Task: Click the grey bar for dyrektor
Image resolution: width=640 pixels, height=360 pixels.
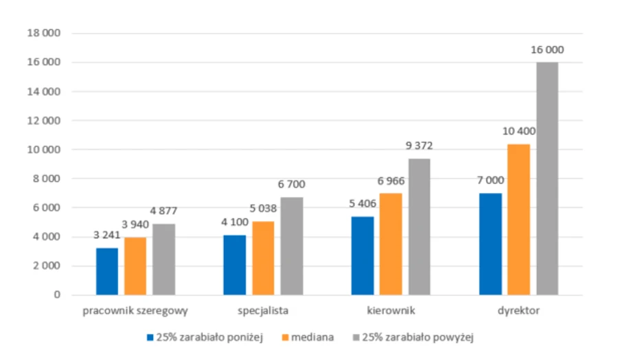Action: [x=547, y=179]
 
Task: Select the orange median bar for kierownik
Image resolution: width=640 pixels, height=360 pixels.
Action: [x=391, y=244]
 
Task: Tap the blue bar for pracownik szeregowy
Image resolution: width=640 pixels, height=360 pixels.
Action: [x=107, y=271]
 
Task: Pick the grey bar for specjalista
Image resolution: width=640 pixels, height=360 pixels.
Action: [x=291, y=246]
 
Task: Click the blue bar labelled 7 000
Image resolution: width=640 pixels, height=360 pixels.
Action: [x=491, y=244]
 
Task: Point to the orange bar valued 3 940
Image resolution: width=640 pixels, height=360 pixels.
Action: [x=135, y=266]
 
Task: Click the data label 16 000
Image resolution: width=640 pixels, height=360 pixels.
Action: [x=547, y=49]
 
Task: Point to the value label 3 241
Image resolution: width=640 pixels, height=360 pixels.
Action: [x=106, y=234]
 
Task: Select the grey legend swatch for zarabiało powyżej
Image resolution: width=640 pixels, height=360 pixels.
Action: [x=356, y=337]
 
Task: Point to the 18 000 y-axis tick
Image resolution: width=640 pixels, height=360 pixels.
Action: [x=43, y=33]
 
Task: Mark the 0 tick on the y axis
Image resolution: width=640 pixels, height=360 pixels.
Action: [x=57, y=295]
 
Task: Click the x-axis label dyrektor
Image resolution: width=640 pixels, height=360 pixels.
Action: [x=518, y=311]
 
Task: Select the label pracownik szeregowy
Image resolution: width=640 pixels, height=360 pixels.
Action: [x=135, y=311]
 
